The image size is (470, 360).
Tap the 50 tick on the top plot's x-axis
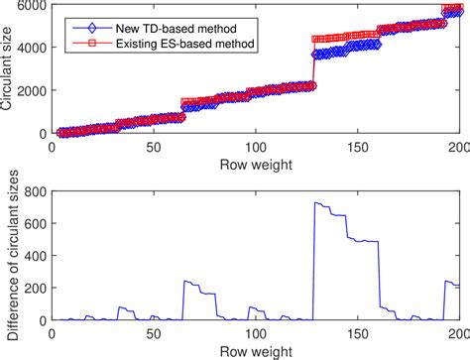point(154,144)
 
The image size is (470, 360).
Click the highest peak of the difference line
point(315,202)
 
